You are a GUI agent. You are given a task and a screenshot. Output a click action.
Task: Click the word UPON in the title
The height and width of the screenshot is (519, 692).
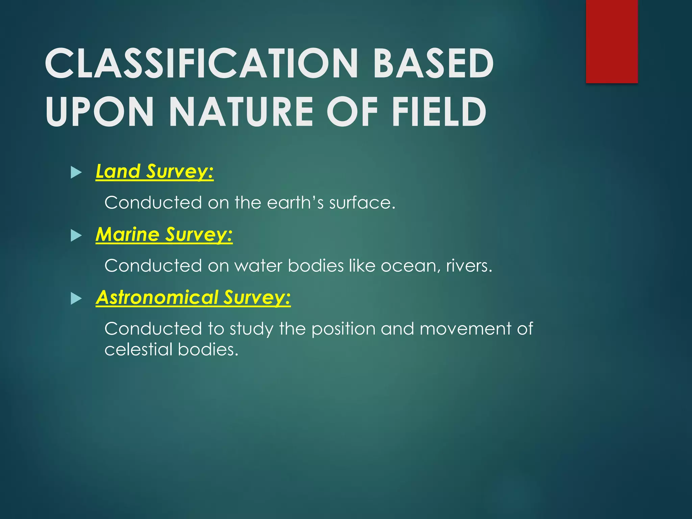[x=100, y=112]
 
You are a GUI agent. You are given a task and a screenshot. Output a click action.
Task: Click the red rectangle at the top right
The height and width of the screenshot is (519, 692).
[x=612, y=41]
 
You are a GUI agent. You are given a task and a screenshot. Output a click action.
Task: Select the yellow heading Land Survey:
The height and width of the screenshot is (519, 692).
[x=155, y=171]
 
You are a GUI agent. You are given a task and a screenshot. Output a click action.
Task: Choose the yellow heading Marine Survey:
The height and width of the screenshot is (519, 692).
[x=164, y=234]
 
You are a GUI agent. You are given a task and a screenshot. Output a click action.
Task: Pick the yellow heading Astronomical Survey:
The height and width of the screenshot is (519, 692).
[x=193, y=297]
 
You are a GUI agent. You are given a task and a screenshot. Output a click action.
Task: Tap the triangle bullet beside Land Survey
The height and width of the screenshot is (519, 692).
[x=76, y=173]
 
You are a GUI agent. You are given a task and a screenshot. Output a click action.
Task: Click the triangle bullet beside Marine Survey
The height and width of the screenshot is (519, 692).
[x=76, y=236]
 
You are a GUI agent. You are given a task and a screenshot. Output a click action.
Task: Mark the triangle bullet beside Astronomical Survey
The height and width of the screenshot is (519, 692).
[x=76, y=299]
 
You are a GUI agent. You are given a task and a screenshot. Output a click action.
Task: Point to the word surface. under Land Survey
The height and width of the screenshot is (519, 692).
[x=362, y=203]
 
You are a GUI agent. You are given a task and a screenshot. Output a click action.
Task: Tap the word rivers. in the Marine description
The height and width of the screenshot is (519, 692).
[x=469, y=266]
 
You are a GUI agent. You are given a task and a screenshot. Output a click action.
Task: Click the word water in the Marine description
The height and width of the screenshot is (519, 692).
[x=258, y=266]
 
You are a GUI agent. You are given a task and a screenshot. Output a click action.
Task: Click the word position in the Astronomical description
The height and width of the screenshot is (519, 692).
[x=343, y=329]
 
